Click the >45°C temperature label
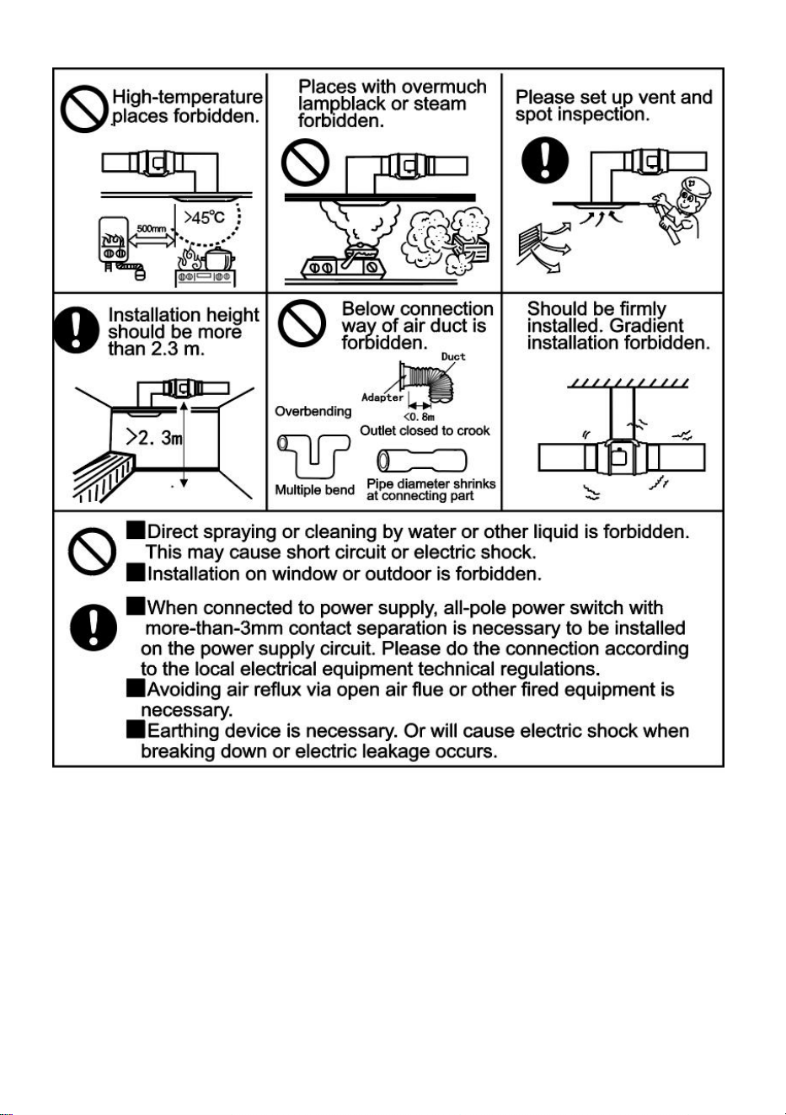204,217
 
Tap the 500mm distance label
152,228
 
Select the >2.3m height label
154,438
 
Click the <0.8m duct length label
419,416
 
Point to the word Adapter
382,397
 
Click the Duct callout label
453,356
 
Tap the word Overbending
313,412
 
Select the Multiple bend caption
314,490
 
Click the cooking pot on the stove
219,259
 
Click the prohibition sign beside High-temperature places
84,109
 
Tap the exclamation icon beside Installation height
76,329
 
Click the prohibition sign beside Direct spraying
92,552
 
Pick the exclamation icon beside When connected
94,627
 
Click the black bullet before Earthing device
135,729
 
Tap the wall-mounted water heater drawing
113,239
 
